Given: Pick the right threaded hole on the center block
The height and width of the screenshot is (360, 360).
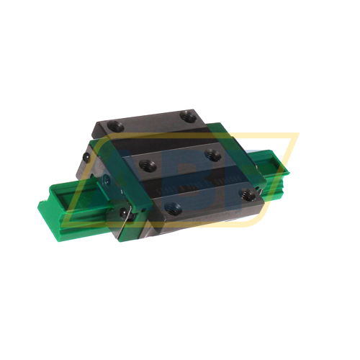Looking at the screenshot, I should pos(212,153).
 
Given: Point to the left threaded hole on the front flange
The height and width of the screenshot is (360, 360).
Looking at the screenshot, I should pos(170,209).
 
